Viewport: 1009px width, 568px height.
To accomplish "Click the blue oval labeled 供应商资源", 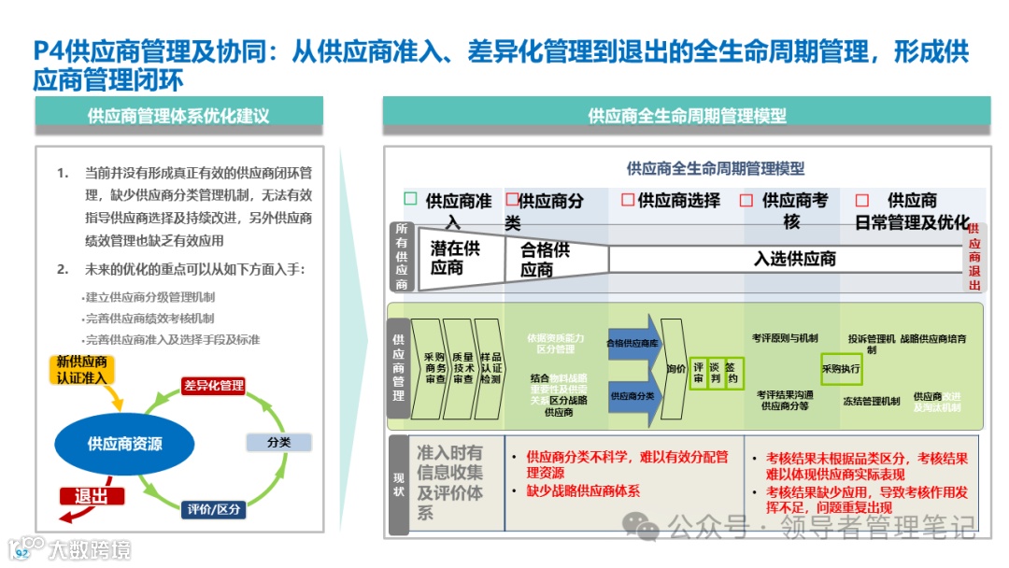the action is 125,444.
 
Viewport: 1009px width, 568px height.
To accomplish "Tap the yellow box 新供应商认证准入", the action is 82,369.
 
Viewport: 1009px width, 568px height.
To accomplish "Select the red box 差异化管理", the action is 214,385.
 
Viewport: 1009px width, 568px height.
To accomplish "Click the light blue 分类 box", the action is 278,442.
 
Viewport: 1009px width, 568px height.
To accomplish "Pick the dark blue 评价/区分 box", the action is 214,509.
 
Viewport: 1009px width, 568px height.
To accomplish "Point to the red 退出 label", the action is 92,496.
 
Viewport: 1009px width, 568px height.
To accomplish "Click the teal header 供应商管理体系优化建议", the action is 178,117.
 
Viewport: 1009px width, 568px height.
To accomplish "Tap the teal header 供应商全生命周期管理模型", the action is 687,117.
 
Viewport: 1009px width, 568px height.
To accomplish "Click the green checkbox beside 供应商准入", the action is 410,199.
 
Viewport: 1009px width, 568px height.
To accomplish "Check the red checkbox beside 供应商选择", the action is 628,200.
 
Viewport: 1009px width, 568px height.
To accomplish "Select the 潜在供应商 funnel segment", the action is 454,258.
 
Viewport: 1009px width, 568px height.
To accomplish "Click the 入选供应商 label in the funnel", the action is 794,259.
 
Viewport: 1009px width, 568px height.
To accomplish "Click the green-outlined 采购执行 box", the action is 841,369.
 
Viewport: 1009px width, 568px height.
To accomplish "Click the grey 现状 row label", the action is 399,484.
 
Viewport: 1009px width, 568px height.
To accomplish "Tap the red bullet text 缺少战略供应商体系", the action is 583,490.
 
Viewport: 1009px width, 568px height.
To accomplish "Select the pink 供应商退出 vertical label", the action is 974,257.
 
